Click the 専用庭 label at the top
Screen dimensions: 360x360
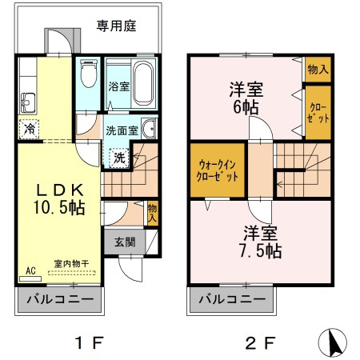coord(117,26)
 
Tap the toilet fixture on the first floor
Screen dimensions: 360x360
coord(88,78)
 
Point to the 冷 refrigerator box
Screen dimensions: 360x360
coord(29,128)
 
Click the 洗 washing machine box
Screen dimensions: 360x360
coord(118,158)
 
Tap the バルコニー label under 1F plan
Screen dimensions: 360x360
coord(57,300)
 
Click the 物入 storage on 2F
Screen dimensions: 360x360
coord(316,70)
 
